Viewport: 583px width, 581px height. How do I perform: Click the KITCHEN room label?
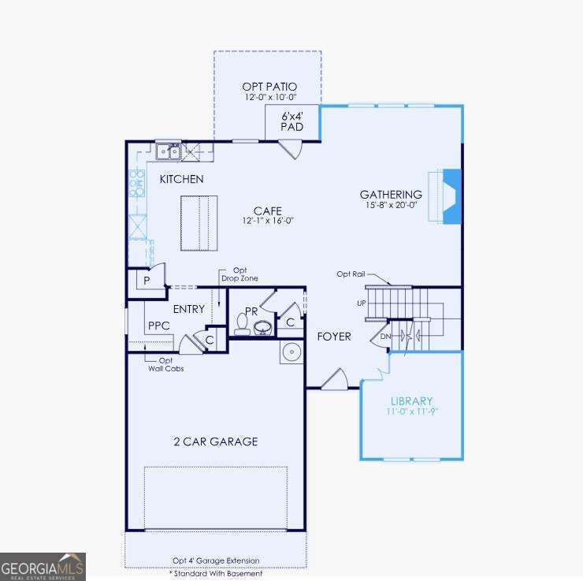(181, 179)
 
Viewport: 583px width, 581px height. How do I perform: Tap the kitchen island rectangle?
(199, 223)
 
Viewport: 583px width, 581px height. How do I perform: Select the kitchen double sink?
(169, 151)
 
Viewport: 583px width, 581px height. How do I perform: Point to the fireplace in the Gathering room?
(448, 196)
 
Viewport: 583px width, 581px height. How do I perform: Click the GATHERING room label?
(391, 195)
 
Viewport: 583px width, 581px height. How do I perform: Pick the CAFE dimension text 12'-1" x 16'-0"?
(267, 222)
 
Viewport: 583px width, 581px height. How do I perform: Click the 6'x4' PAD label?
(292, 121)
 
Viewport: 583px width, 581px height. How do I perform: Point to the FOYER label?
(334, 337)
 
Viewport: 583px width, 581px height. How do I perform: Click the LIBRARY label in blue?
(411, 400)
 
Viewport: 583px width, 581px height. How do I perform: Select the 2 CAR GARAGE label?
(216, 441)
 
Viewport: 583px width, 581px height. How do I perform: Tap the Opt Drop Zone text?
(239, 274)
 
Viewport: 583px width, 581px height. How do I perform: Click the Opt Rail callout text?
(352, 274)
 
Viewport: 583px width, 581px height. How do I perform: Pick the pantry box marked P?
(147, 280)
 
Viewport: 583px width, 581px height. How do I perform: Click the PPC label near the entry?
(158, 325)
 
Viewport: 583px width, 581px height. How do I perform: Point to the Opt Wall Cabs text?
(165, 364)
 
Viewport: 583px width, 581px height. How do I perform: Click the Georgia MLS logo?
(43, 566)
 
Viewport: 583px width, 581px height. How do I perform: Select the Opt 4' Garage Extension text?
(215, 561)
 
